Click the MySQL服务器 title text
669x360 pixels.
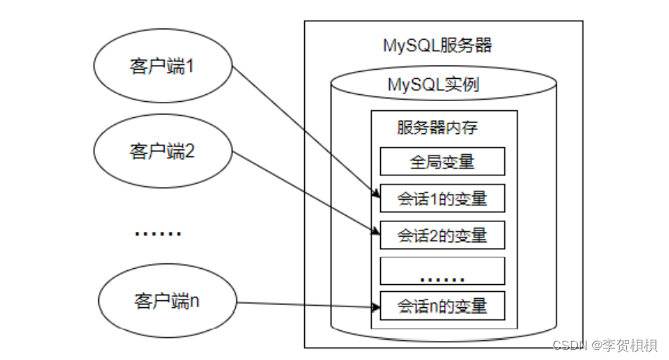pyautogui.click(x=437, y=45)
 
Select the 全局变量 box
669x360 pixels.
pyautogui.click(x=442, y=162)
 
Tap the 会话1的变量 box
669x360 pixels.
pyautogui.click(x=442, y=199)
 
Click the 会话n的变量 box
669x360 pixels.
pyautogui.click(x=442, y=306)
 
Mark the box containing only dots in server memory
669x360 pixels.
pyautogui.click(x=442, y=271)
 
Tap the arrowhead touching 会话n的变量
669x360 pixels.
pyautogui.click(x=375, y=307)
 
